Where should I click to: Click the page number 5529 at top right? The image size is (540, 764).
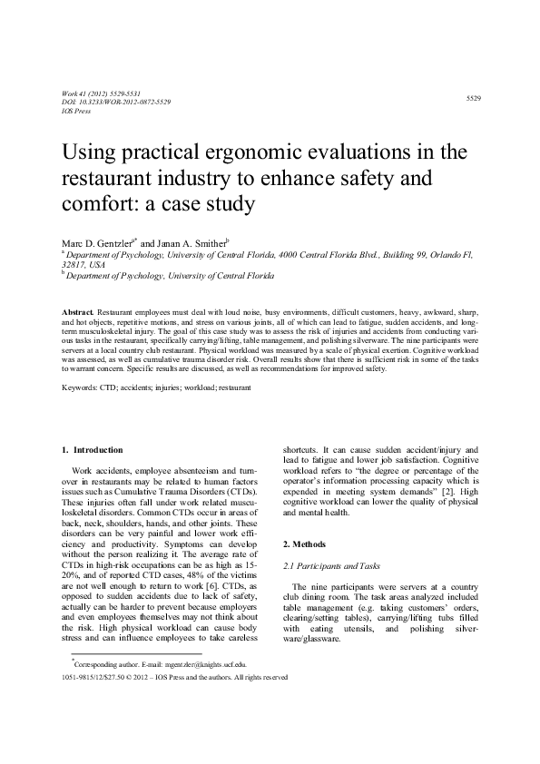coord(473,97)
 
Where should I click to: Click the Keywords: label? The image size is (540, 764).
coord(80,387)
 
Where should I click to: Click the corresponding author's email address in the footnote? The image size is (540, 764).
coord(207,690)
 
